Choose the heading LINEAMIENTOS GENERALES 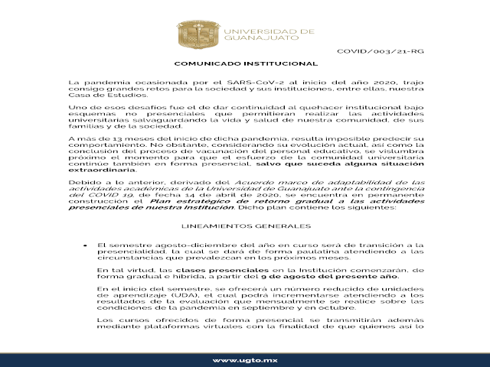[x=244, y=227]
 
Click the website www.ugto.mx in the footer [x=244, y=359]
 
